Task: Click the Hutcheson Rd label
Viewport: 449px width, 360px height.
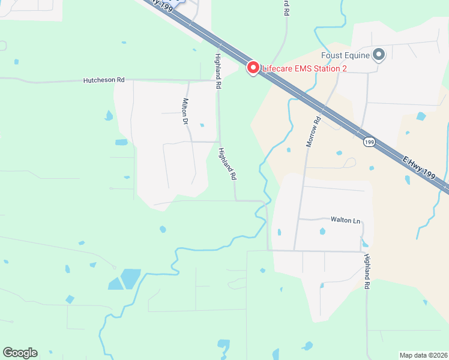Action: (x=104, y=79)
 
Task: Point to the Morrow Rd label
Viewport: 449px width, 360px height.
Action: (x=314, y=132)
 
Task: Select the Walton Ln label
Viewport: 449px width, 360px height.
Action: (x=345, y=220)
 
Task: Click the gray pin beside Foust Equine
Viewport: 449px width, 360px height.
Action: (x=379, y=55)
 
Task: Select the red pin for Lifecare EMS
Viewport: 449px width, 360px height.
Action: (x=253, y=68)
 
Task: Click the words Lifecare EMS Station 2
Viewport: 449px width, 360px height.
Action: (x=304, y=68)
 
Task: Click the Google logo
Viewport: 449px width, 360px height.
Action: (x=20, y=353)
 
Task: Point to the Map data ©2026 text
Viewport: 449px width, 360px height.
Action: (x=423, y=355)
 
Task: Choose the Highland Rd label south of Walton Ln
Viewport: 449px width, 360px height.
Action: (x=366, y=272)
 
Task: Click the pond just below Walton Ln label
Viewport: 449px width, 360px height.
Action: (x=322, y=231)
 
